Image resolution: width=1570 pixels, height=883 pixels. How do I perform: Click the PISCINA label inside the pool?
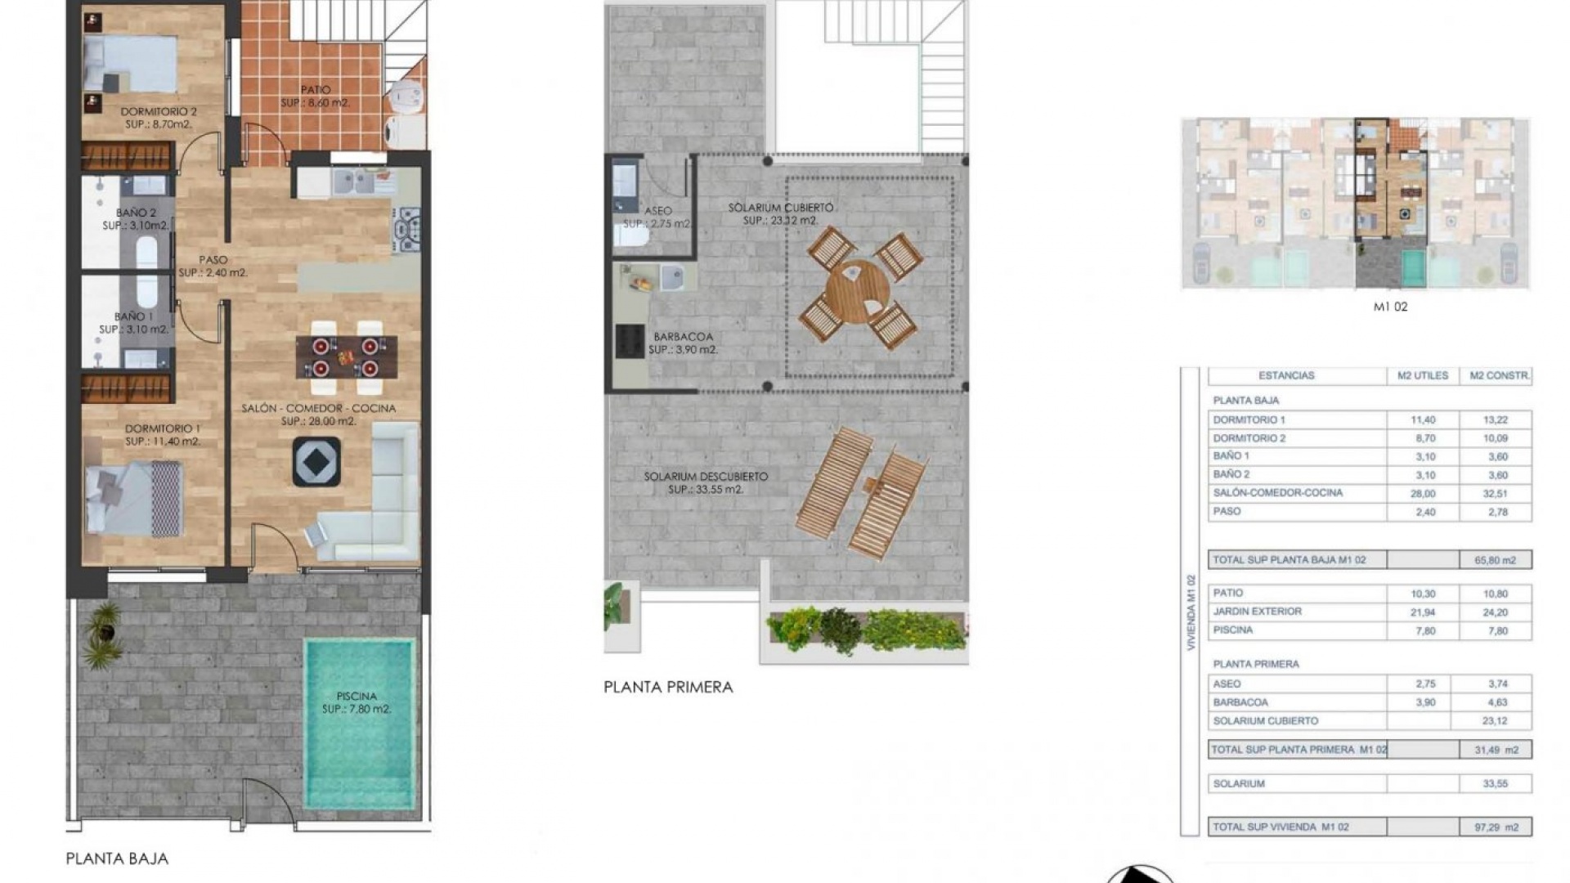[x=357, y=697]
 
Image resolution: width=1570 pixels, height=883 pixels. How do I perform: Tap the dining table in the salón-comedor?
[x=347, y=357]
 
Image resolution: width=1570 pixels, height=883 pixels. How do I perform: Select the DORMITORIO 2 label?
[x=159, y=112]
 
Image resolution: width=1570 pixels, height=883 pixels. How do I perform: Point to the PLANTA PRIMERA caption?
[x=668, y=688]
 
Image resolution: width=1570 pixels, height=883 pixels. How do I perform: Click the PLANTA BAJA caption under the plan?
[x=117, y=858]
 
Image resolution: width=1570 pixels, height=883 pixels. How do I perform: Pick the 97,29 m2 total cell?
[x=1496, y=827]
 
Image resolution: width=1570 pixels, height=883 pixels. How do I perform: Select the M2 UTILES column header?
[x=1423, y=376]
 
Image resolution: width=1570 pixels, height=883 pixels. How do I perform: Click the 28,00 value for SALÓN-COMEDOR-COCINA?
[x=1423, y=494]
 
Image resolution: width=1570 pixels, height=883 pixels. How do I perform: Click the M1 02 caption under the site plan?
[x=1390, y=307]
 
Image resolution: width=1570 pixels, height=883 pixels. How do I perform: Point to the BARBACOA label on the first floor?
[x=683, y=337]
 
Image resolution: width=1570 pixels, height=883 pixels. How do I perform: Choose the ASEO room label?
[x=658, y=211]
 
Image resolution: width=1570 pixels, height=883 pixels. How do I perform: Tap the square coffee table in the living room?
[x=316, y=463]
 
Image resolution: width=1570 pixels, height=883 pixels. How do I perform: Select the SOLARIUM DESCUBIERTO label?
[x=706, y=477]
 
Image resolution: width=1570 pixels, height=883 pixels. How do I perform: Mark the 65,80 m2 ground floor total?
[x=1496, y=560]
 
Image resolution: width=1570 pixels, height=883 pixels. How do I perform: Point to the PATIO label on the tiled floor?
[x=316, y=90]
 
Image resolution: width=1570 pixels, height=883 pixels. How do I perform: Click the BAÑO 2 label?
[x=136, y=213]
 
